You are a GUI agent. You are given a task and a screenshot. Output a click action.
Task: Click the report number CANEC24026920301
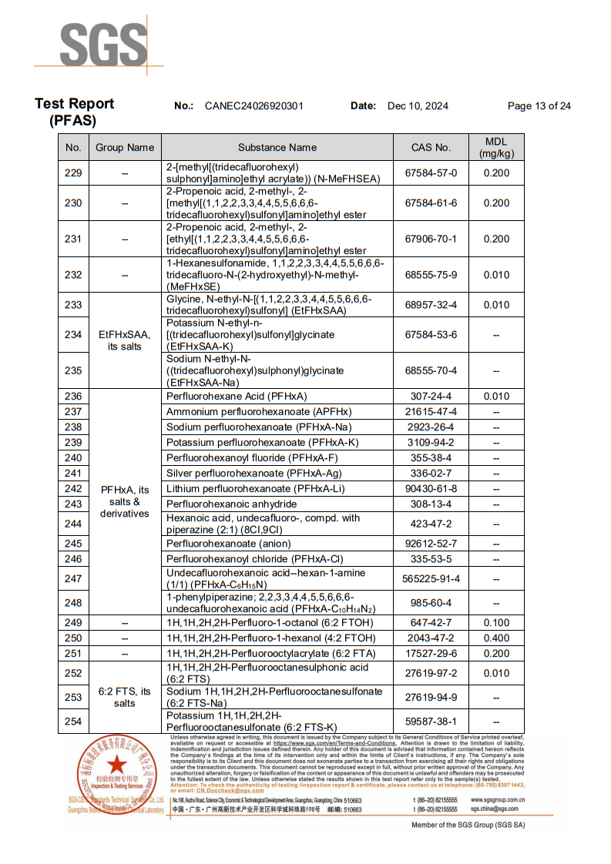click(x=254, y=106)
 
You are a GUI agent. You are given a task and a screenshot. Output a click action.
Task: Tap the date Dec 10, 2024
click(x=418, y=106)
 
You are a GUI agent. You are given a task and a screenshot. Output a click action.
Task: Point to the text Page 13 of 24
click(x=539, y=106)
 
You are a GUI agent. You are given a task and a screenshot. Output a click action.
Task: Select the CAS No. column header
click(x=431, y=147)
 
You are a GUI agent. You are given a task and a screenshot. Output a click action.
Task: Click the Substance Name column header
click(x=277, y=147)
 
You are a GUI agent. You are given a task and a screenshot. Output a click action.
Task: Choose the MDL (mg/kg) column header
click(x=496, y=147)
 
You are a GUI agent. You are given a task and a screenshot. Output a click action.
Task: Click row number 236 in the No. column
click(x=73, y=397)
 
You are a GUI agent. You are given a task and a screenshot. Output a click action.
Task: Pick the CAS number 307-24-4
click(x=431, y=397)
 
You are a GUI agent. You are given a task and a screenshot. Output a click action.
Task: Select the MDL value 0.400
click(x=496, y=638)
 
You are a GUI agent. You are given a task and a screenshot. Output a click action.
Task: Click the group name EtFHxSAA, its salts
click(x=125, y=340)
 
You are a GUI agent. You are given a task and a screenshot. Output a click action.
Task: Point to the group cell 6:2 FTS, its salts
click(x=125, y=697)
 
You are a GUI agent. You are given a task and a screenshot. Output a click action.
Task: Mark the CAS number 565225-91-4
click(x=431, y=579)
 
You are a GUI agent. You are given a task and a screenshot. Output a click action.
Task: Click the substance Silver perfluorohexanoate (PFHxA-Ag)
click(x=253, y=474)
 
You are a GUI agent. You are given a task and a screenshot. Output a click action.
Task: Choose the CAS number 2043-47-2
click(x=431, y=638)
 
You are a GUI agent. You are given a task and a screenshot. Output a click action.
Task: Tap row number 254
click(x=73, y=722)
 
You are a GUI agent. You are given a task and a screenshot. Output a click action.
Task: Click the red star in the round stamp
click(x=117, y=765)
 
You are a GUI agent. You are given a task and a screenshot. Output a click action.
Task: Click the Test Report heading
click(x=74, y=104)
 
